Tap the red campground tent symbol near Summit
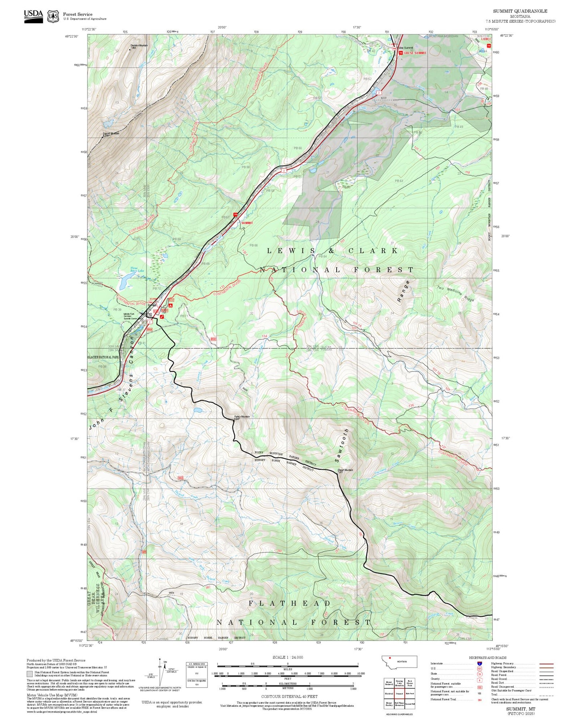pyautogui.click(x=170, y=305)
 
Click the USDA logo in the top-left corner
pyautogui.click(x=33, y=16)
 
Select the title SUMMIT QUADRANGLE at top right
pyautogui.click(x=520, y=11)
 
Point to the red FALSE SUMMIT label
pyautogui.click(x=415, y=53)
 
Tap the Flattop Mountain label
pyautogui.click(x=242, y=417)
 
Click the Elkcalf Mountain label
pyautogui.click(x=345, y=470)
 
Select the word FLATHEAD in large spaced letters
pyautogui.click(x=289, y=603)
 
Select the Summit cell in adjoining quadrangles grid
pyautogui.click(x=399, y=693)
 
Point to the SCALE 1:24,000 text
pyautogui.click(x=287, y=657)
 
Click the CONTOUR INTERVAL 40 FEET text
pyautogui.click(x=287, y=696)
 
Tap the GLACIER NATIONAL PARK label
pyautogui.click(x=103, y=357)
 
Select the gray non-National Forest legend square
pyautogui.click(x=30, y=674)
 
